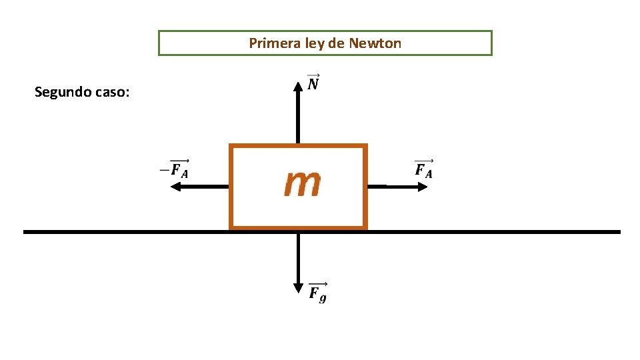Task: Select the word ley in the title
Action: coord(314,44)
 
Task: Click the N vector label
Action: coord(313,83)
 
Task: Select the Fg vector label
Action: coord(317,291)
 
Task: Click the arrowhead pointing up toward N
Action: coord(298,86)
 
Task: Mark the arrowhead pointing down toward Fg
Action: coord(298,288)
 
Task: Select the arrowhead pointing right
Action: coord(422,187)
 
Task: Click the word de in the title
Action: coord(337,44)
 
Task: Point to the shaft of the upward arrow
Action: coord(298,117)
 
